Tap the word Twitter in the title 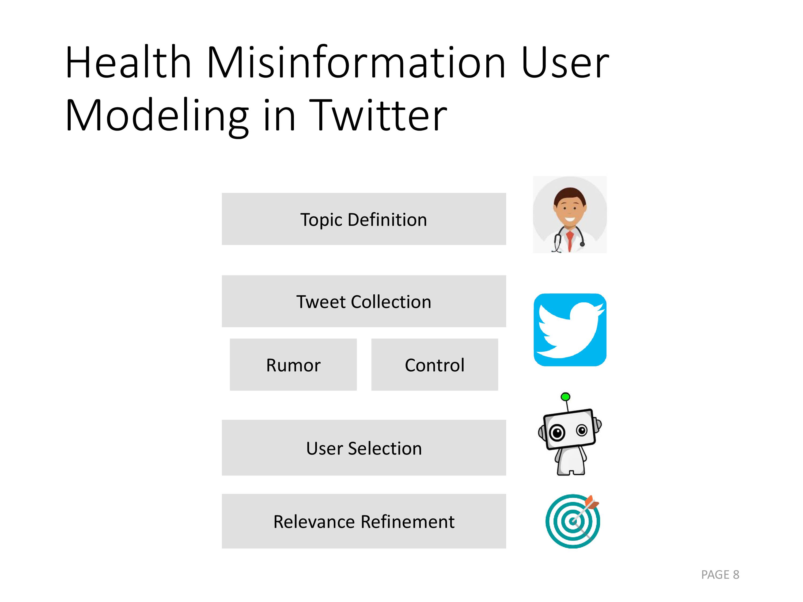tap(378, 115)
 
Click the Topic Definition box tap(364, 219)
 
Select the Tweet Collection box tap(364, 301)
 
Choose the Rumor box tap(293, 365)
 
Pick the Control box tap(434, 365)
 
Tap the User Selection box tap(364, 448)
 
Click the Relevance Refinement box tap(364, 521)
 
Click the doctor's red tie tap(570, 240)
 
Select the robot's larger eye tap(557, 433)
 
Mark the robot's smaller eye tap(582, 430)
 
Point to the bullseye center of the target tap(573, 521)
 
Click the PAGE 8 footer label tap(720, 575)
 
